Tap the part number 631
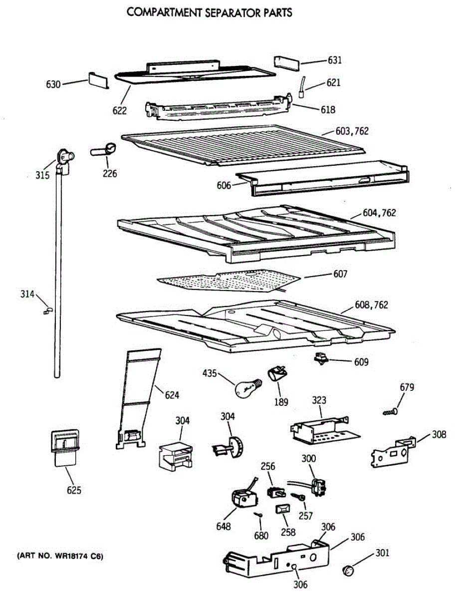click(x=334, y=60)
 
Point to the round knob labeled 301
click(x=351, y=570)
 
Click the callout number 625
click(x=73, y=490)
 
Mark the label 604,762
click(x=380, y=213)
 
